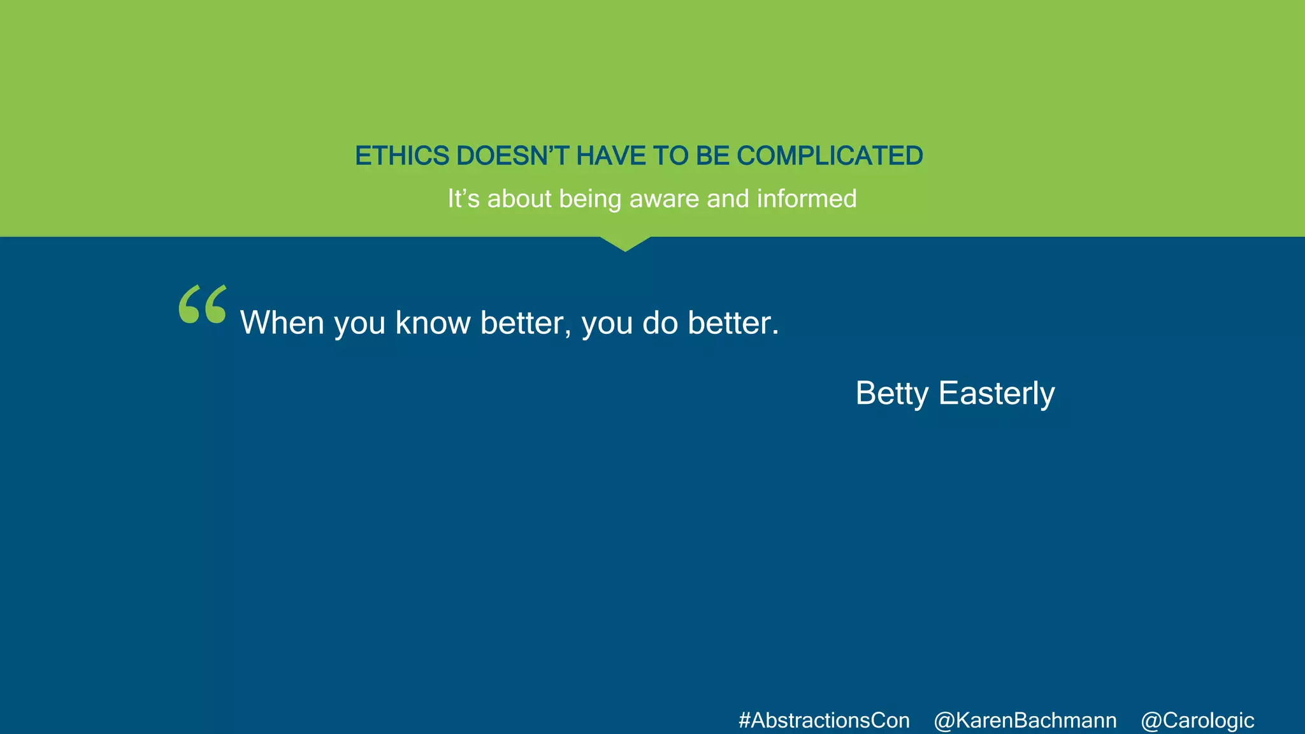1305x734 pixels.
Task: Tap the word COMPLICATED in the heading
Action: (830, 156)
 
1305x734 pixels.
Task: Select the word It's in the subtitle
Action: (463, 199)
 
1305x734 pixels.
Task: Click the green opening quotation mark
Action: (203, 305)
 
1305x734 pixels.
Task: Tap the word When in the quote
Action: (282, 323)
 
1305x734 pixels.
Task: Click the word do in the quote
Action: (660, 323)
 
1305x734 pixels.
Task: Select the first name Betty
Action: (891, 394)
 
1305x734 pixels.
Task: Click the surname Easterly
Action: (997, 394)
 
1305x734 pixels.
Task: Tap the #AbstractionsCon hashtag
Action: (824, 721)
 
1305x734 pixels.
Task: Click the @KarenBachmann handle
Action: (1025, 721)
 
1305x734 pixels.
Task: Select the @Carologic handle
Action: (1197, 721)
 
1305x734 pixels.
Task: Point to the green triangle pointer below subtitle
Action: (625, 243)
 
